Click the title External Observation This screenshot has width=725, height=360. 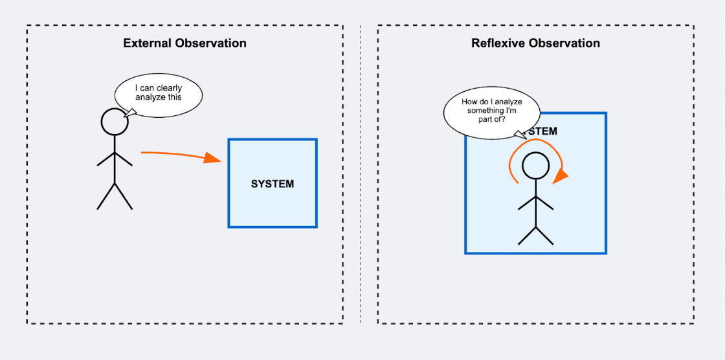(x=184, y=43)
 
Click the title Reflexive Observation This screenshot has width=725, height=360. (x=535, y=43)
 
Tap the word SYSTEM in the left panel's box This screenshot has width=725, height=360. (x=272, y=184)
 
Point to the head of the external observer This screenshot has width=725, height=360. (x=115, y=122)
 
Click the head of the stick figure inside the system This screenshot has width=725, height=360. (x=535, y=166)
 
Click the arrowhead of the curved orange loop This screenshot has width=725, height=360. (x=561, y=175)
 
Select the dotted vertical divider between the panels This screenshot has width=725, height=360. (x=361, y=175)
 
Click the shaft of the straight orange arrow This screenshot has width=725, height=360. (x=172, y=154)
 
